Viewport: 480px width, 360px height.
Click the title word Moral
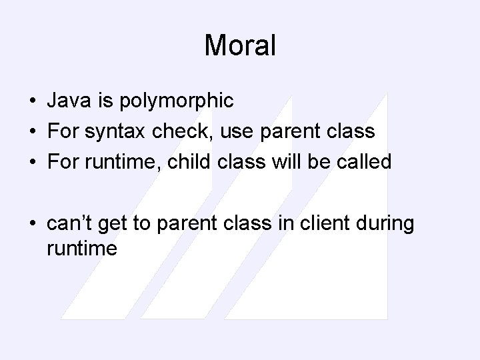239,46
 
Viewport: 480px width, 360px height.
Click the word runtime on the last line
82,249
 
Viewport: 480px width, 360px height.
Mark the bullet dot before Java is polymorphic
32,101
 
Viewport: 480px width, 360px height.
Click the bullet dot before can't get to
32,224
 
